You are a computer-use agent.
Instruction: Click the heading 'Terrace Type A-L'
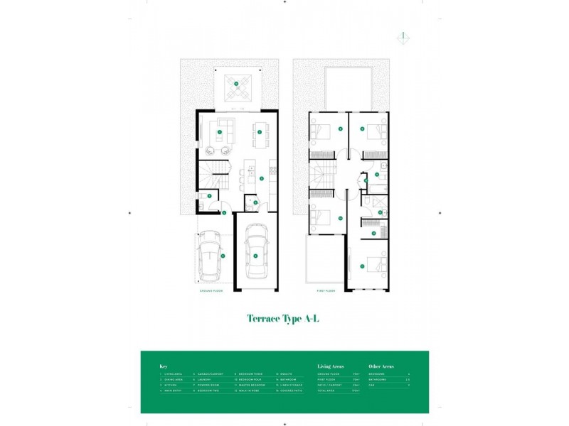284,319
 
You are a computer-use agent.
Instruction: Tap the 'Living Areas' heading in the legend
331,366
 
